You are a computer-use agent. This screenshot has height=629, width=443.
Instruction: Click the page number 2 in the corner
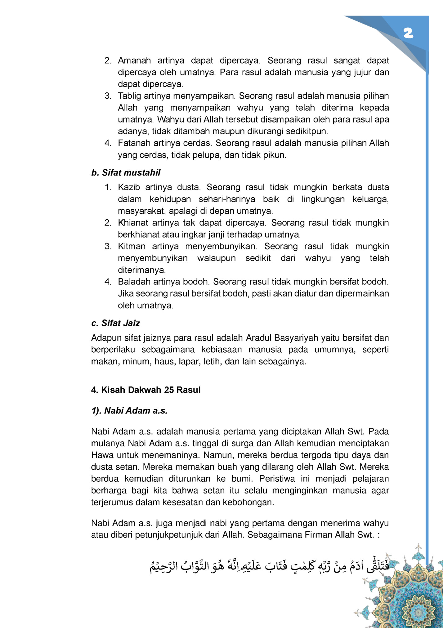pyautogui.click(x=408, y=33)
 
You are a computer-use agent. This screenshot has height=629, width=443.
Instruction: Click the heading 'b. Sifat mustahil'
pyautogui.click(x=126, y=172)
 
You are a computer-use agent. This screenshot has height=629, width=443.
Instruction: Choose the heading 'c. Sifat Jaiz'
pyautogui.click(x=115, y=323)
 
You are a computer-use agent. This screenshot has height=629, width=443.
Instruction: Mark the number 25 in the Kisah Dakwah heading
pyautogui.click(x=169, y=390)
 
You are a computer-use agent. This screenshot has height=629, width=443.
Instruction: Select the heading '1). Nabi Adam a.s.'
pyautogui.click(x=129, y=411)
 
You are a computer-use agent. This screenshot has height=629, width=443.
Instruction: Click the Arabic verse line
pyautogui.click(x=268, y=567)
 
